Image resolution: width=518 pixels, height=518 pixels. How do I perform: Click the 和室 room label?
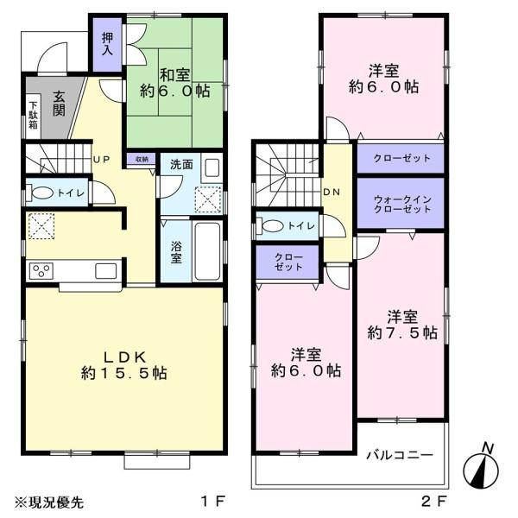pos(175,75)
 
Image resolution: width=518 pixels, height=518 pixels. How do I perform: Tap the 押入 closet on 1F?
pos(107,45)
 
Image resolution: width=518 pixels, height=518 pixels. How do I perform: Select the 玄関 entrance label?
pos(59,104)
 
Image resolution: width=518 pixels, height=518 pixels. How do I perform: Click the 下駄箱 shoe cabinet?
pos(33,116)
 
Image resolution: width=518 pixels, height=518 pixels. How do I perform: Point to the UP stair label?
pos(101,160)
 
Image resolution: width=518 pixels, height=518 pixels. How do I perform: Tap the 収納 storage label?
pos(142,159)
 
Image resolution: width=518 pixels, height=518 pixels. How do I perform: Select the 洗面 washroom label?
pos(181,165)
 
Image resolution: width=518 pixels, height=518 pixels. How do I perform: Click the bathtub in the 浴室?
pos(207,251)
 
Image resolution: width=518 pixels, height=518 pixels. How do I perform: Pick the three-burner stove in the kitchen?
pos(41,271)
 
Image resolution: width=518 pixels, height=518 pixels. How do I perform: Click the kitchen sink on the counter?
pos(105,271)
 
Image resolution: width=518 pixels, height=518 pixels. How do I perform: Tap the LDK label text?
pos(124,357)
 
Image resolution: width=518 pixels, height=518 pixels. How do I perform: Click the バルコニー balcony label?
pos(400,455)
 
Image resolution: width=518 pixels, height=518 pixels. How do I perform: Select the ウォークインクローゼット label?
pos(402,204)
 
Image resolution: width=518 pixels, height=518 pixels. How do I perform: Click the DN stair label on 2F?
pos(332,193)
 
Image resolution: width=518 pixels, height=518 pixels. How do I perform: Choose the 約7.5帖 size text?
pos(402,332)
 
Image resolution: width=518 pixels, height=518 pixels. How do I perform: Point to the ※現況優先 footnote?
pos(49,502)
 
